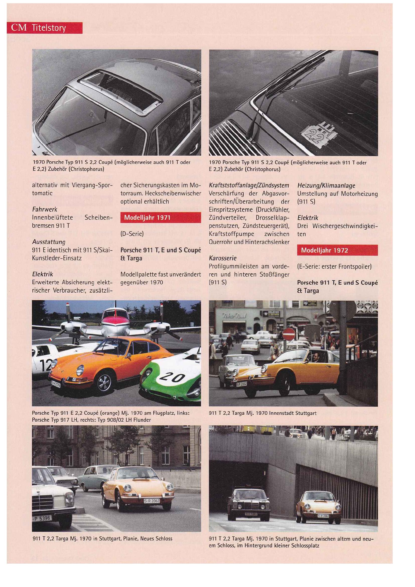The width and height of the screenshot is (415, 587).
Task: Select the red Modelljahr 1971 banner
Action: point(161,218)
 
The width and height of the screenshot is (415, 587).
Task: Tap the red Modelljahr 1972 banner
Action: point(337,250)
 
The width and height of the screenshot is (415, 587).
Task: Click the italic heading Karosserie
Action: point(223,258)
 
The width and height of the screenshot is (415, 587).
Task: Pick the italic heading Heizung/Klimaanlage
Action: point(326,186)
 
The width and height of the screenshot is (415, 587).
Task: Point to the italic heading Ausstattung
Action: point(49,242)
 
